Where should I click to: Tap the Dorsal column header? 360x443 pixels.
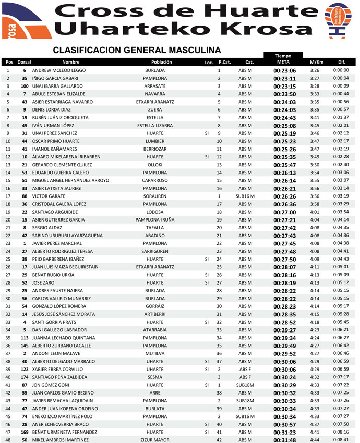(25, 62)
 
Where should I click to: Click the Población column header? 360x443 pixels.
(161, 62)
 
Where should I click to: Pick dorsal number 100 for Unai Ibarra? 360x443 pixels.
(25, 86)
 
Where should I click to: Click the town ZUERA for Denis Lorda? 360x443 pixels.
(154, 110)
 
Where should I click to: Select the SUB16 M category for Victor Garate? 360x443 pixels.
(245, 196)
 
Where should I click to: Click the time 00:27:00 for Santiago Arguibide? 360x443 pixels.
(284, 212)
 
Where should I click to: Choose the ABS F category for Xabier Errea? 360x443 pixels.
(245, 369)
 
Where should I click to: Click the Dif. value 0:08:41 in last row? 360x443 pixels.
(341, 440)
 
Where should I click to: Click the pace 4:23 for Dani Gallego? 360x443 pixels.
(314, 330)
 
